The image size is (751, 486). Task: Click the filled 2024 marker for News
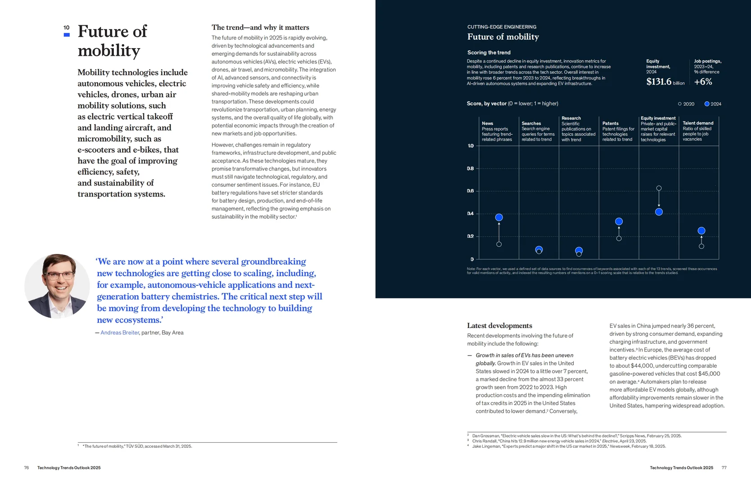point(499,217)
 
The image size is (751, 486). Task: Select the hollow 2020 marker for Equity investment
point(659,188)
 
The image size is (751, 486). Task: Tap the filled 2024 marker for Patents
point(619,221)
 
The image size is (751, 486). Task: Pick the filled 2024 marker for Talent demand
point(702,231)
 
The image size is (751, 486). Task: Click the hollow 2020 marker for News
point(499,244)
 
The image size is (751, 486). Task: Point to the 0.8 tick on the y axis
point(470,168)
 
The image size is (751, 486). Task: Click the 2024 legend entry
point(713,104)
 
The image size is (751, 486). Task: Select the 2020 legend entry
point(686,104)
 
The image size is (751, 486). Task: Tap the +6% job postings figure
point(703,82)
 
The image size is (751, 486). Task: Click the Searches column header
point(531,123)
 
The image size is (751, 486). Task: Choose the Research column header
point(571,118)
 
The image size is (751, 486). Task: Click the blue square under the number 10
point(67,35)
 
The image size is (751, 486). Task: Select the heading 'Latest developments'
point(499,326)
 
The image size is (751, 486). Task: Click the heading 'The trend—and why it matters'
point(260,27)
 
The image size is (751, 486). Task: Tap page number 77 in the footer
point(724,468)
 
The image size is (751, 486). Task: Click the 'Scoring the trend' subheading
point(489,53)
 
